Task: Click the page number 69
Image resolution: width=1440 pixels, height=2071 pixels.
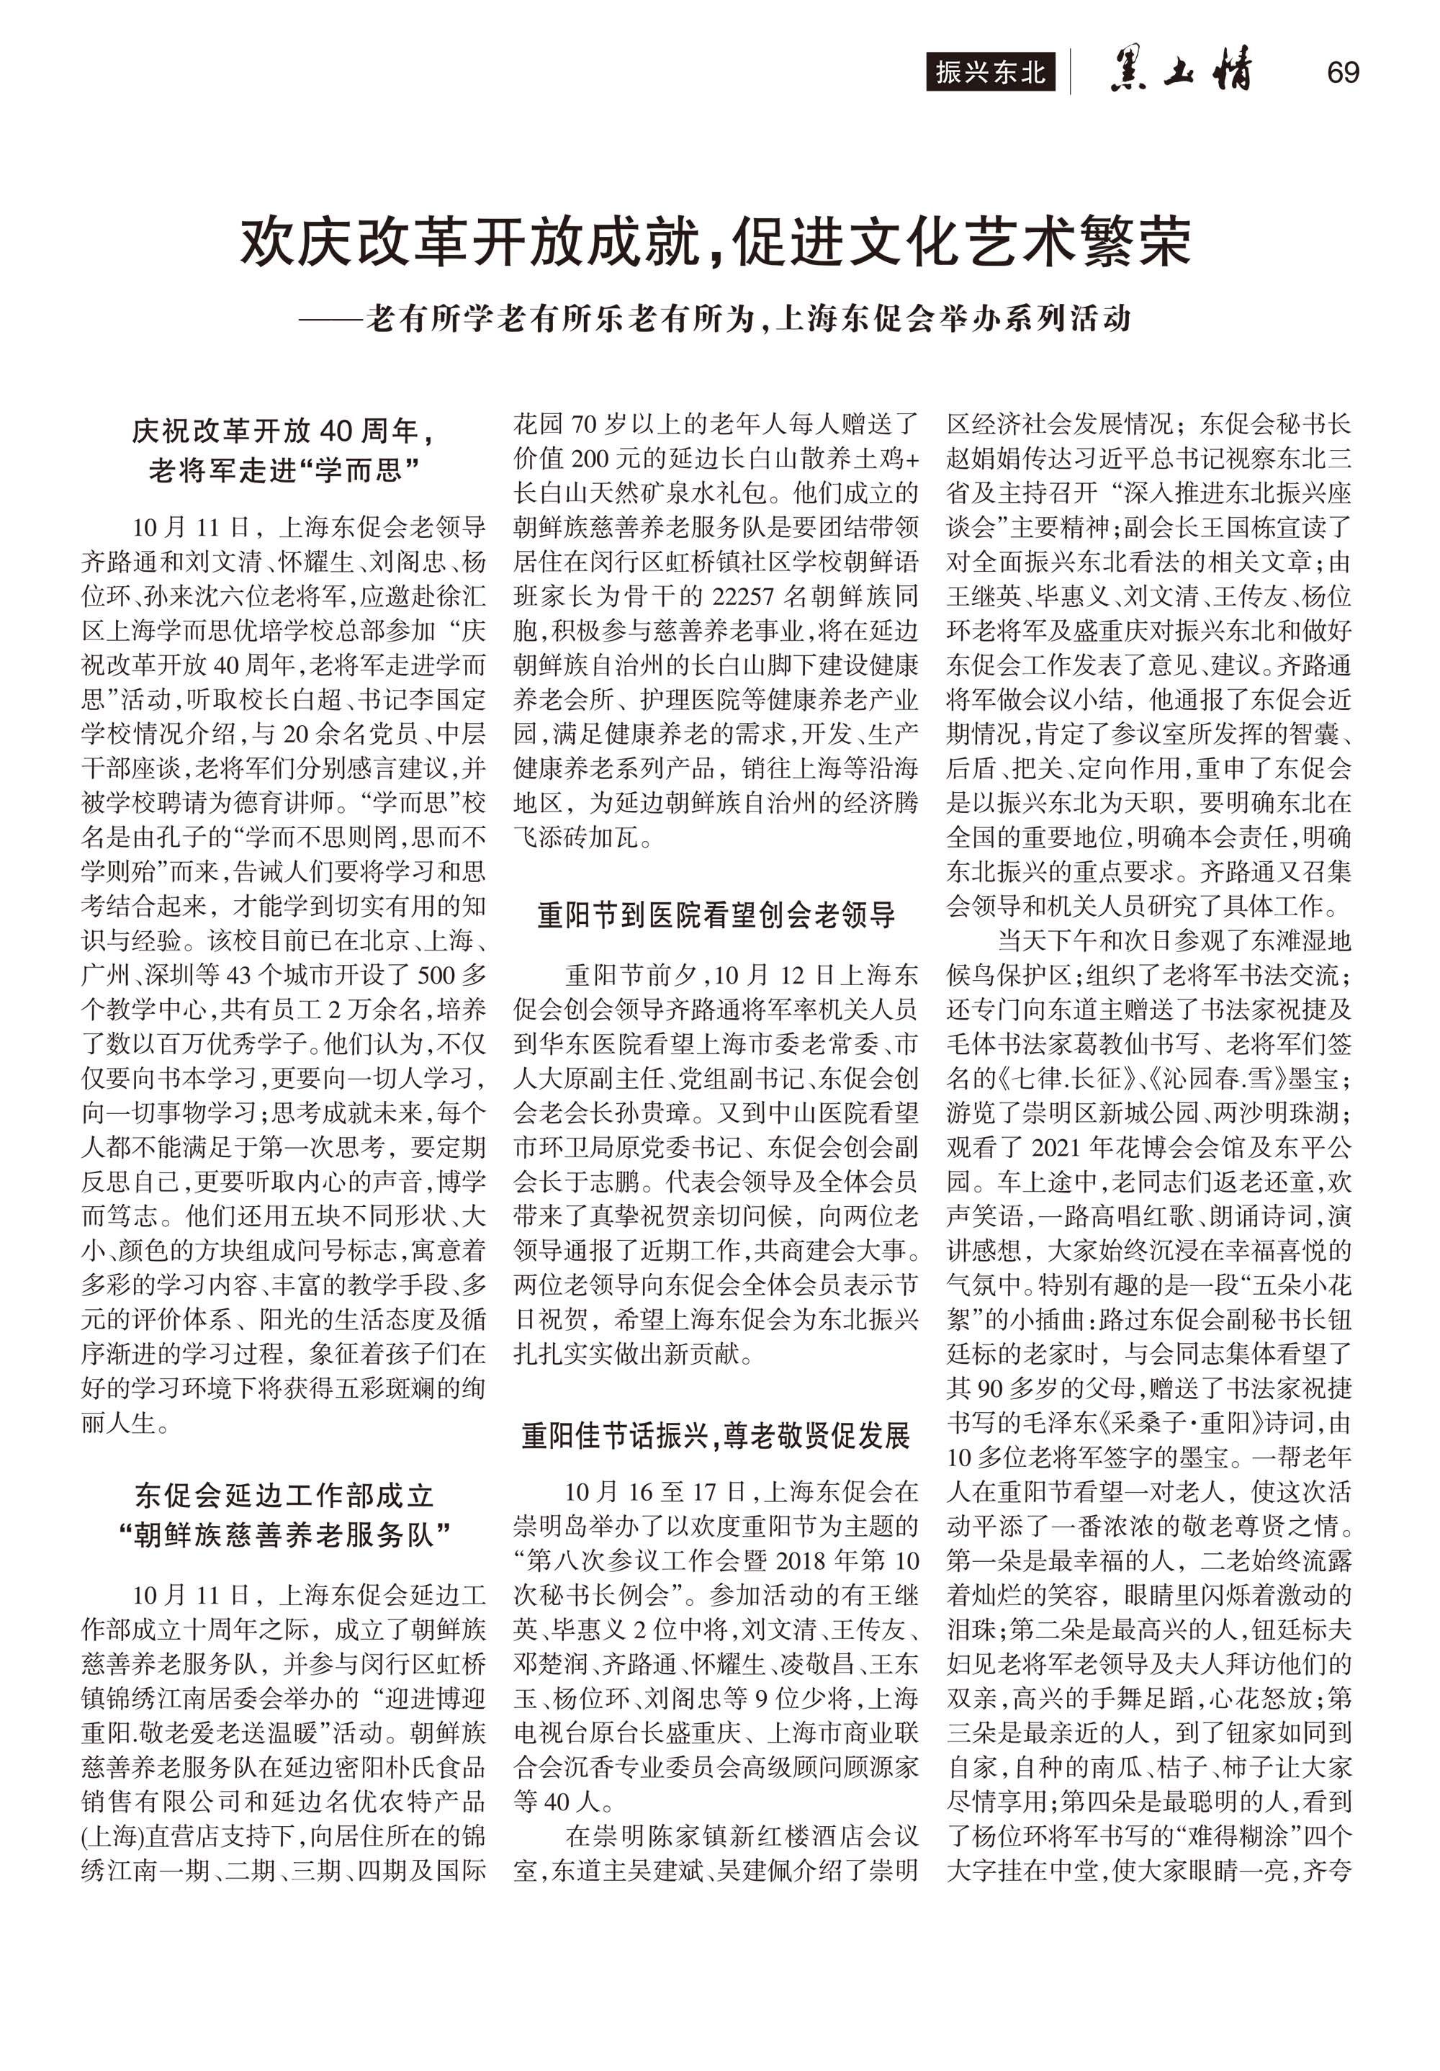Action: tap(1343, 72)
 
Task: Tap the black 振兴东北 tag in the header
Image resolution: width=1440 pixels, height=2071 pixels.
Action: tap(989, 72)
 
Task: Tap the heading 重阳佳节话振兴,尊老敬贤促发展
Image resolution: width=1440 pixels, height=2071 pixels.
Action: tap(717, 1436)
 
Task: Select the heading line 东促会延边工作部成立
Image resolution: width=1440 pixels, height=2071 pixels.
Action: tap(284, 1496)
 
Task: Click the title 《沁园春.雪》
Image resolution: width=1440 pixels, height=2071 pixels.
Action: tap(1164, 1079)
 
